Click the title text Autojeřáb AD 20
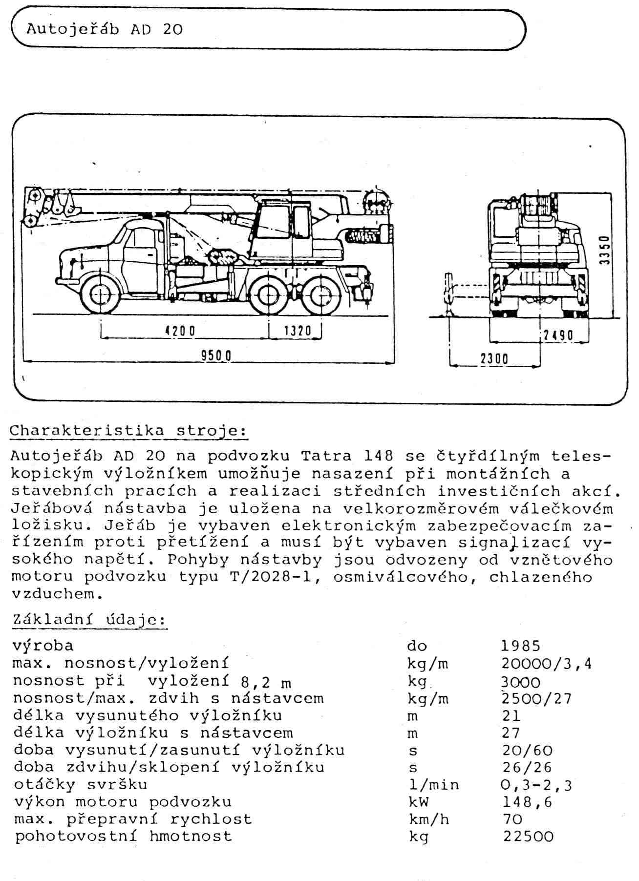(x=105, y=29)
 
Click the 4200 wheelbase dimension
(x=180, y=331)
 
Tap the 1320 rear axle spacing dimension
(x=297, y=331)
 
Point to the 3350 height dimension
(x=605, y=250)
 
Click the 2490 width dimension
(x=557, y=336)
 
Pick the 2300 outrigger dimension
(x=494, y=359)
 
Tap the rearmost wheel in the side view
(x=321, y=295)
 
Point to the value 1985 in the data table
(x=521, y=646)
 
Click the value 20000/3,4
(x=546, y=664)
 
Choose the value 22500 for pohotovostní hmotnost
(x=528, y=836)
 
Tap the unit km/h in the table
(x=428, y=819)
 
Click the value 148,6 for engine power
(x=527, y=802)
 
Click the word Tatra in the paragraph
(x=326, y=456)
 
